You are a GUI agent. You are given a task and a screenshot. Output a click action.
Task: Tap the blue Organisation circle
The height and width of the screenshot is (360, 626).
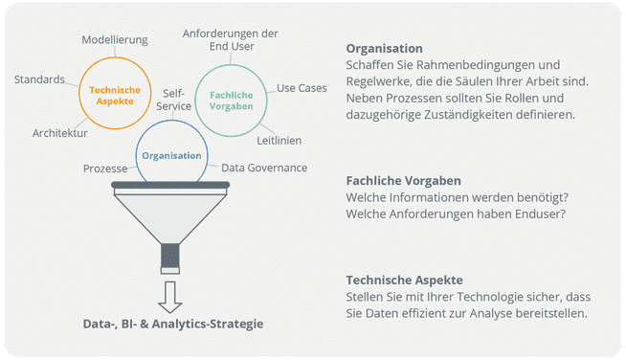point(171,155)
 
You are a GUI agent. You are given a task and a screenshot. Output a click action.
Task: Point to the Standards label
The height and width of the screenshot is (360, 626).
point(40,79)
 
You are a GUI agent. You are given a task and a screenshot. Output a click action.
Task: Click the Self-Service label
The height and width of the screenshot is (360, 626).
point(173,101)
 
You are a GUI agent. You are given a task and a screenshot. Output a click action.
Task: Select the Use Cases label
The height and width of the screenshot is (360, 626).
point(302,88)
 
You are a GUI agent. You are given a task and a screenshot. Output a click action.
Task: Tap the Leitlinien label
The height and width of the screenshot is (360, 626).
point(279,141)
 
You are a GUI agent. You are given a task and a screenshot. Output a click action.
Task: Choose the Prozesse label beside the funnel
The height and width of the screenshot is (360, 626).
point(105,168)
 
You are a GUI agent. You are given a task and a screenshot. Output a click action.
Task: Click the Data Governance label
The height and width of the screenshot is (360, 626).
point(264,168)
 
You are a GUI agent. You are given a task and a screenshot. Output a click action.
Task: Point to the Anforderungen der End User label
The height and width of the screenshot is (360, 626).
point(231,39)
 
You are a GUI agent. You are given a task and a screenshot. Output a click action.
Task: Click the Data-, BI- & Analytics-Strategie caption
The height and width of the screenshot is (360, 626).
point(172,324)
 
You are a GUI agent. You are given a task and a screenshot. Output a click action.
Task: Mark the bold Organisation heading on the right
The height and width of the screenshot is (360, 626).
point(384,48)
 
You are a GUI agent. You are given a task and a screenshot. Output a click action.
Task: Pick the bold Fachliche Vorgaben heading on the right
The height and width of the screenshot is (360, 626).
point(403,180)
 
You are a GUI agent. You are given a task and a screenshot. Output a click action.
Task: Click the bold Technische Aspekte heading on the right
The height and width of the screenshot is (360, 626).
point(405,280)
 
